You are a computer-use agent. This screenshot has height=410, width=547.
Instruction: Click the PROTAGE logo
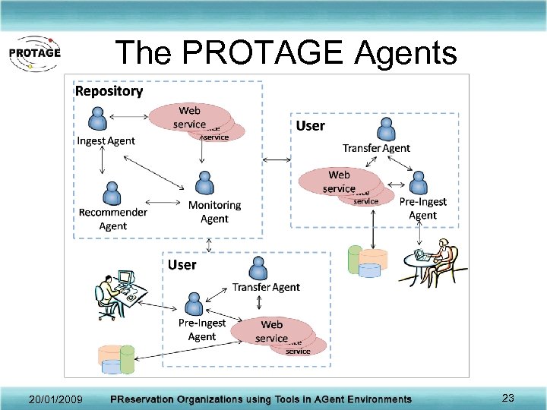tap(33, 53)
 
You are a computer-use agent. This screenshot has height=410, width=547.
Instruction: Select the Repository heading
tap(109, 91)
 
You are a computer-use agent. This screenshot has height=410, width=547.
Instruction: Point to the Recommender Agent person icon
tap(112, 192)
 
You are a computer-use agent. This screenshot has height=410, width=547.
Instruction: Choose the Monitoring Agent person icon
tap(203, 183)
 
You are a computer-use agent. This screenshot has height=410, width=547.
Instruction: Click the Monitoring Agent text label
tap(214, 212)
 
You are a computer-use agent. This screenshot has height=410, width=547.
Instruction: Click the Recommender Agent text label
tap(113, 219)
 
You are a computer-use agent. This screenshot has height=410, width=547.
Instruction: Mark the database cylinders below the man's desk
tap(116, 360)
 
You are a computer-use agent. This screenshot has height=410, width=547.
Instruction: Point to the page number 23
tap(508, 398)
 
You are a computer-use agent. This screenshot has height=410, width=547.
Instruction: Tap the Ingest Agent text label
tap(106, 140)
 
